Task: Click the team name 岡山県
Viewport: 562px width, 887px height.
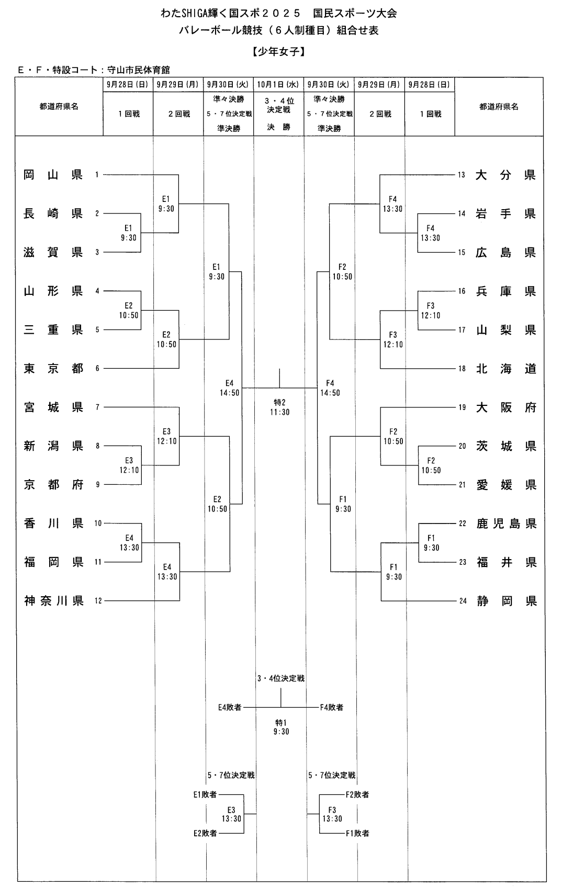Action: coord(53,175)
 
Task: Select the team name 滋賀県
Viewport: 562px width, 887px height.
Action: coord(53,252)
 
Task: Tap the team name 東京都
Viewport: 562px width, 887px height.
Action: coord(53,368)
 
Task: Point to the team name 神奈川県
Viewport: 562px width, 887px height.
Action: coord(54,601)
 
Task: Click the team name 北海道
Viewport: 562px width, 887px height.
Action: coord(506,369)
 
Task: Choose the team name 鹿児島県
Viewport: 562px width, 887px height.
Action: coord(506,524)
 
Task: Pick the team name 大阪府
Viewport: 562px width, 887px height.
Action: coord(506,407)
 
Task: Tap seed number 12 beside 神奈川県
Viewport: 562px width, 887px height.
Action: coord(98,601)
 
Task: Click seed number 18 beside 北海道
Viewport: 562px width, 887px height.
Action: coord(462,369)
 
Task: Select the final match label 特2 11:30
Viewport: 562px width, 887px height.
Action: coord(280,407)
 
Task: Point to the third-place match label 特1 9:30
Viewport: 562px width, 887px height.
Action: coord(281,726)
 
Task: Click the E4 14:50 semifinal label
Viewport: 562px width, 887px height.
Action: coord(229,388)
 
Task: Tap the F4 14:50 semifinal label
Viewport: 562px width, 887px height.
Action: coord(330,388)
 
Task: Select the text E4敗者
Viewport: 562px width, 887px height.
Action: coord(230,707)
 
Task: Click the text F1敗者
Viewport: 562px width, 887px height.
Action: coord(357,833)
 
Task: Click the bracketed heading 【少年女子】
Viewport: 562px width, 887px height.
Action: coord(278,52)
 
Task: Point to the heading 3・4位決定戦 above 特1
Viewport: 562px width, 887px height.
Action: coord(280,678)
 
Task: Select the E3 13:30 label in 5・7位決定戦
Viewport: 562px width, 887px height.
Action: coord(231,814)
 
